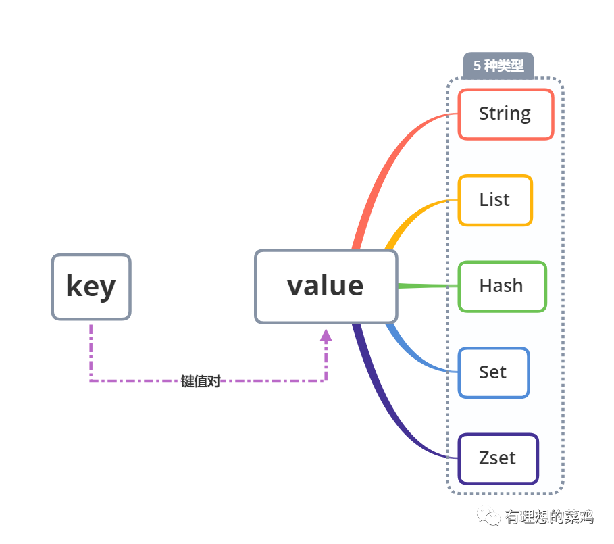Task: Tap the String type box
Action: (x=505, y=114)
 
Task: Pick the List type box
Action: (x=495, y=200)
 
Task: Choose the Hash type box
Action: (x=501, y=286)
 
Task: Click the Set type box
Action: (x=493, y=372)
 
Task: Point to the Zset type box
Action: (x=498, y=458)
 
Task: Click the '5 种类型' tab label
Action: (x=498, y=66)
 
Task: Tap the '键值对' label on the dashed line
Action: (x=201, y=381)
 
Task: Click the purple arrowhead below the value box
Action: (x=326, y=335)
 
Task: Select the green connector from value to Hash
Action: (x=428, y=286)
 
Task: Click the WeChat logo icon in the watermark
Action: (x=488, y=516)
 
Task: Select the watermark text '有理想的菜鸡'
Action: (x=548, y=517)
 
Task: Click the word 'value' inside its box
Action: (x=326, y=286)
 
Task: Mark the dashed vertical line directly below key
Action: (x=91, y=351)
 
